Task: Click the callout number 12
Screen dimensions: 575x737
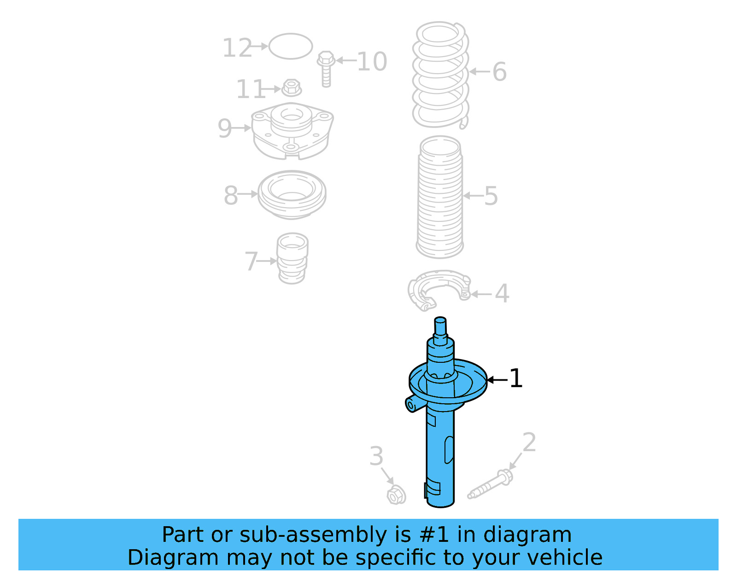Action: [237, 48]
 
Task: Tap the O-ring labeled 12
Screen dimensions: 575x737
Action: [291, 46]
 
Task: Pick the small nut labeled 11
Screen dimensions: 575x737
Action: [291, 87]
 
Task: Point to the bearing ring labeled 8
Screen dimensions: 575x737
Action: [292, 194]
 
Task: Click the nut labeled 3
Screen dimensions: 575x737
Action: [396, 496]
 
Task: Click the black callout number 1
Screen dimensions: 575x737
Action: [516, 378]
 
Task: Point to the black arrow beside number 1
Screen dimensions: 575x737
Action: [497, 380]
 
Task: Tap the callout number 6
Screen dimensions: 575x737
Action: [499, 72]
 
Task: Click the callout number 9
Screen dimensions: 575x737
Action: [224, 128]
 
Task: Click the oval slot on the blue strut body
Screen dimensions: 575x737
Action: [449, 450]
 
